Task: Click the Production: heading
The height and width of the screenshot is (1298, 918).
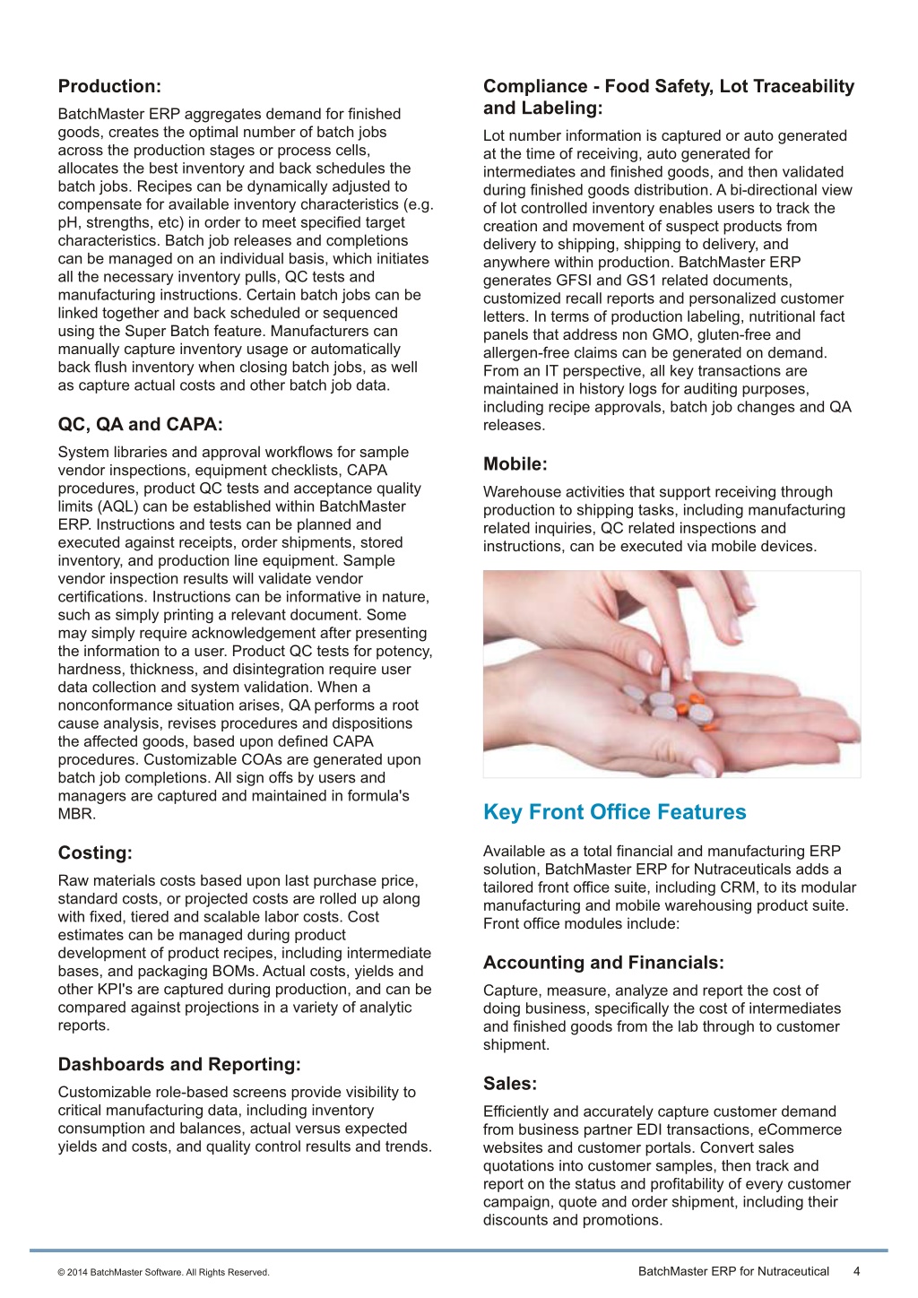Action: coord(109,86)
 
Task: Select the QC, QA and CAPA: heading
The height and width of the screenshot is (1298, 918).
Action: coord(140,424)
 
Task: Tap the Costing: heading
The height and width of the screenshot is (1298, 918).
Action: coord(95,852)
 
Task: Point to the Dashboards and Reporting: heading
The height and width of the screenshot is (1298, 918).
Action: coord(179,1064)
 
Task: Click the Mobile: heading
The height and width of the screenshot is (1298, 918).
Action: coord(515,463)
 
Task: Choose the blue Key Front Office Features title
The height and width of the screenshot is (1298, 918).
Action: coord(614,812)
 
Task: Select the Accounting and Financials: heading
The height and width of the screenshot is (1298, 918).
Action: coord(603,963)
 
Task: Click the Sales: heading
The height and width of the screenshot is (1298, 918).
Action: coord(510,1083)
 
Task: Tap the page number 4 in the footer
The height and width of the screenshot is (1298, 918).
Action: coord(857,1271)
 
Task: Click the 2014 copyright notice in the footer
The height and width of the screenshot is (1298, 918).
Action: coord(163,1272)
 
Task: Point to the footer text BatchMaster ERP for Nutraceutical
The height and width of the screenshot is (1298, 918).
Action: coord(733,1271)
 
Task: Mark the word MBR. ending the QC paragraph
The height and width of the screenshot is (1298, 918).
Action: coord(76,814)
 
